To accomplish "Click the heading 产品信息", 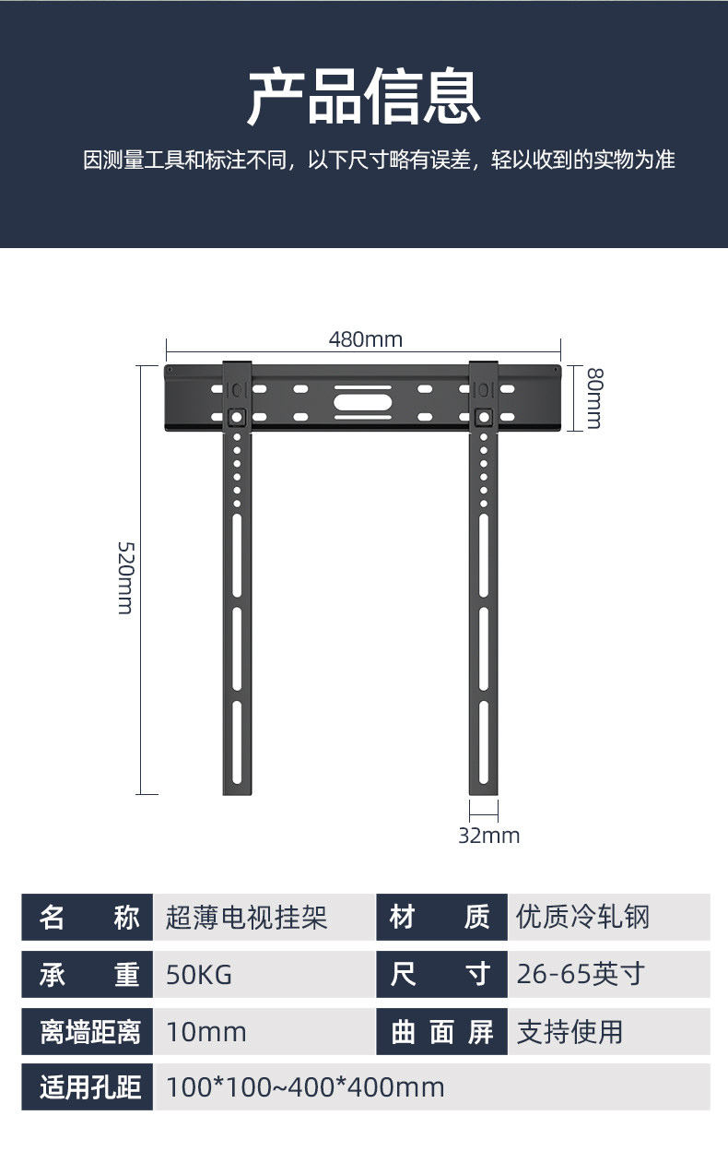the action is pyautogui.click(x=364, y=96).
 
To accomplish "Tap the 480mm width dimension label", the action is pyautogui.click(x=366, y=339).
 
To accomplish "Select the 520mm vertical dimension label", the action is pyautogui.click(x=124, y=578).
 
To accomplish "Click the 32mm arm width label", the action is pyautogui.click(x=488, y=836).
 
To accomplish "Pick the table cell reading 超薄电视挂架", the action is pyautogui.click(x=247, y=918).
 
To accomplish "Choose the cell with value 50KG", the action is pyautogui.click(x=199, y=974).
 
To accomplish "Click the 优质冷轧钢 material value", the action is pyautogui.click(x=583, y=917).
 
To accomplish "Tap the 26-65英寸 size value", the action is pyautogui.click(x=581, y=974).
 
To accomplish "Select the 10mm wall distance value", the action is pyautogui.click(x=206, y=1031).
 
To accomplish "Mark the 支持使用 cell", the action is pyautogui.click(x=569, y=1031).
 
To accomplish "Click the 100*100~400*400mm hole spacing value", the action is pyautogui.click(x=305, y=1087).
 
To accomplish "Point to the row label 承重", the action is pyautogui.click(x=88, y=974).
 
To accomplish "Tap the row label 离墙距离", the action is pyautogui.click(x=88, y=1031).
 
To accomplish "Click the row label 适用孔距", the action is pyautogui.click(x=88, y=1087).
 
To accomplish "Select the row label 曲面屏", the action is pyautogui.click(x=442, y=1031).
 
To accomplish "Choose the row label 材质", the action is pyautogui.click(x=442, y=917).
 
